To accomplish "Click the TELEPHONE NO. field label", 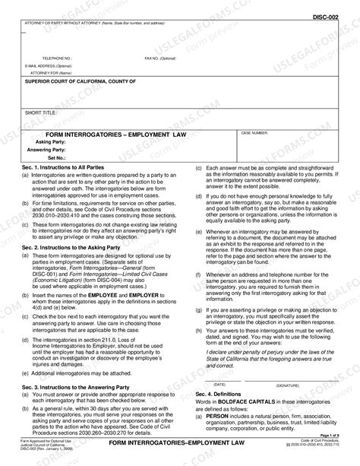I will tap(57, 58).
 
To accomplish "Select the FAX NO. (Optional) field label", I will tap(159, 58).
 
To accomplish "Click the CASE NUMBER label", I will tap(254, 132).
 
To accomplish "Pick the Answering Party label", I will tap(47, 150).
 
